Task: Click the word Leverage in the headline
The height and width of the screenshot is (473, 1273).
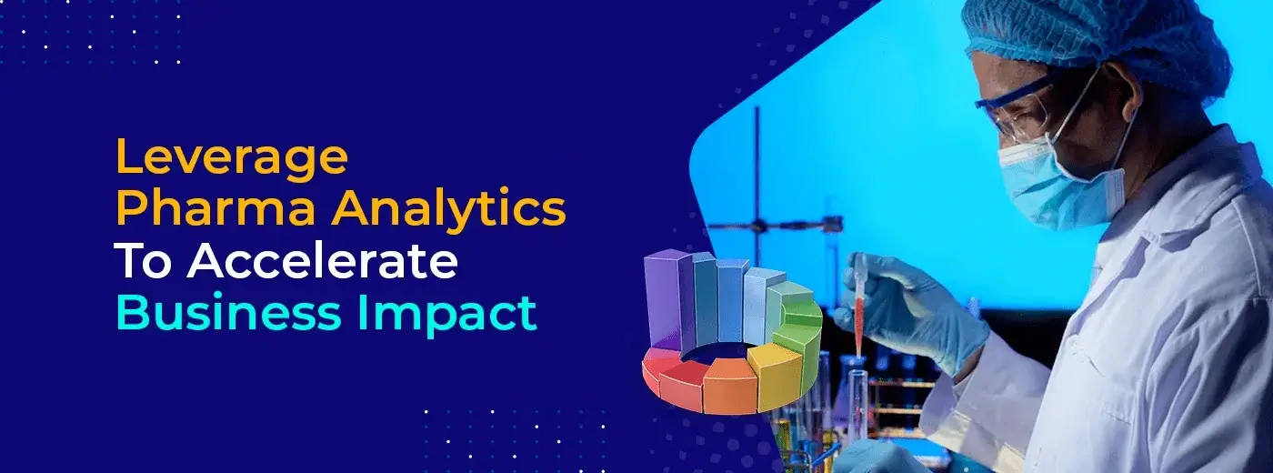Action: click(x=232, y=157)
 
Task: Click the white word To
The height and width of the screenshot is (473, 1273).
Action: click(x=144, y=262)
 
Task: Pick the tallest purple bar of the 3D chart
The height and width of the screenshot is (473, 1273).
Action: click(x=664, y=298)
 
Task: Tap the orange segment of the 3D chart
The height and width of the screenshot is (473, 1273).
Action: click(x=729, y=386)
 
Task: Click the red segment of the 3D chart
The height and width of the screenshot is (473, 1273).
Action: click(x=681, y=382)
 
